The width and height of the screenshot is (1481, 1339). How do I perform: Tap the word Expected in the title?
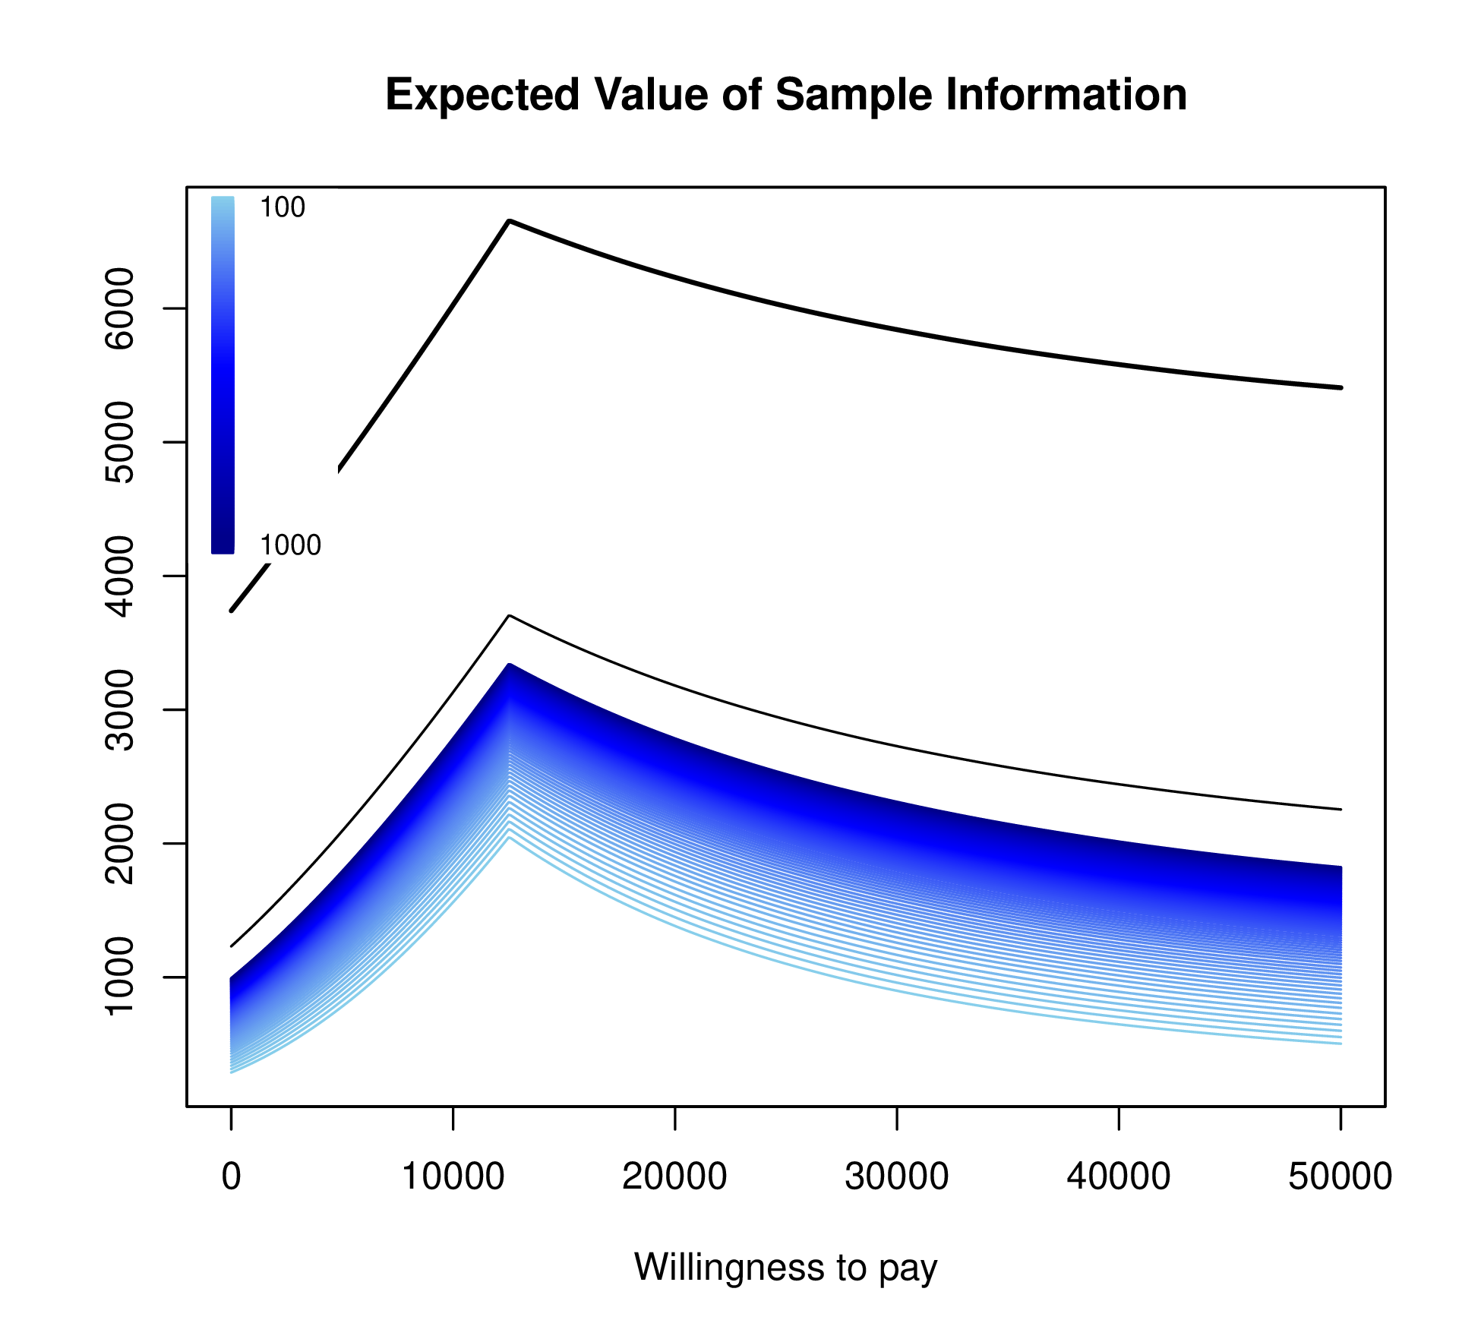483,96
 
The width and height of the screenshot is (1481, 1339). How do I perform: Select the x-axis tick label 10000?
453,1176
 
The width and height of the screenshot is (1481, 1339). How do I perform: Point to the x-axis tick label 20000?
674,1176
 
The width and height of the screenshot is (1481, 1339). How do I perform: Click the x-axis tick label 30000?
897,1176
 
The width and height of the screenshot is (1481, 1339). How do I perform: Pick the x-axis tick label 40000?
1119,1176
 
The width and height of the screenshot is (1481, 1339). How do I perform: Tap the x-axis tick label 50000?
1340,1176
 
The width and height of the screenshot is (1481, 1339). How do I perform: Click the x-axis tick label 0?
231,1176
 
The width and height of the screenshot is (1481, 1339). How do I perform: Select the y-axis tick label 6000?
119,308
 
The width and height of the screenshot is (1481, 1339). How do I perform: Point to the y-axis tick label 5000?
119,442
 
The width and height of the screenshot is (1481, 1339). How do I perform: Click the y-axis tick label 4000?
119,576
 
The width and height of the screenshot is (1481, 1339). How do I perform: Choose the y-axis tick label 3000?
119,710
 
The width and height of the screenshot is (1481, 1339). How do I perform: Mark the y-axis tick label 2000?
119,844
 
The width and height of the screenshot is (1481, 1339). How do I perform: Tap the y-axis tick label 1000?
119,977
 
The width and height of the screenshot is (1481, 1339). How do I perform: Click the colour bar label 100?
283,207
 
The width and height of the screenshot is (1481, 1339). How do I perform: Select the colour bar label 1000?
290,545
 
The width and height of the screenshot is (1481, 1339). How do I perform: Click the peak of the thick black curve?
510,221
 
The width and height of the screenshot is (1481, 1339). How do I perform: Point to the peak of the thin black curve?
510,616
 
